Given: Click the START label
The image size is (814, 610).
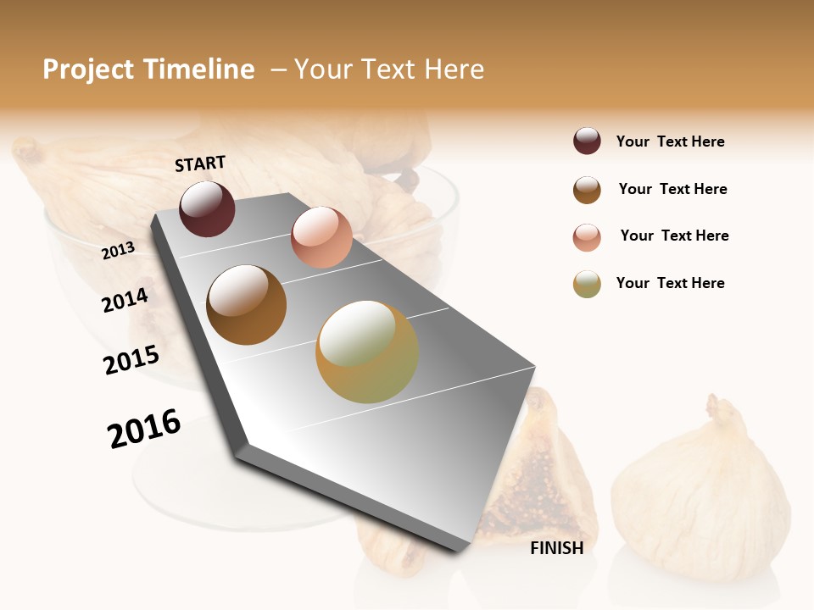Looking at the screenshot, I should (200, 164).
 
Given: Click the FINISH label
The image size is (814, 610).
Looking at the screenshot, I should (556, 548).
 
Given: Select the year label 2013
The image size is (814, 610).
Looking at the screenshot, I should (119, 250).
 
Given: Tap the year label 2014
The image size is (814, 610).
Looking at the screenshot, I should (125, 301).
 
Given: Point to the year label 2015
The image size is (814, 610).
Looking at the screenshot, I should (131, 360).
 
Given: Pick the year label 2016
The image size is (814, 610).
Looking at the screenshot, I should (144, 428).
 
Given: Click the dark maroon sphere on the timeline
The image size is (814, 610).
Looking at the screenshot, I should (207, 208).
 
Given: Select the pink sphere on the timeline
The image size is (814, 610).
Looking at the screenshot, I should (321, 237).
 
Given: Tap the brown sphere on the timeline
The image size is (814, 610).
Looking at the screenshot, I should (247, 305).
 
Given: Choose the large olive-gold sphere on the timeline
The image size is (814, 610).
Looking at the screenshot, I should (367, 352).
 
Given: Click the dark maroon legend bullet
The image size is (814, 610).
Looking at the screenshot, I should (587, 141).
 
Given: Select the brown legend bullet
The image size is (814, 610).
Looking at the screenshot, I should (587, 190).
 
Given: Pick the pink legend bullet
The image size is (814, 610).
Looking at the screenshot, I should (587, 237).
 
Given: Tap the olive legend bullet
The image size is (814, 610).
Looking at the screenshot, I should (587, 284).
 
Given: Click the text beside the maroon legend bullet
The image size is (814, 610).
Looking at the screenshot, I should (670, 141).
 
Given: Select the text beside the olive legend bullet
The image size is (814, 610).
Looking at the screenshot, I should (670, 283).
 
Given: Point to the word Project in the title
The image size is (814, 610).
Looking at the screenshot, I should (89, 69).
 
